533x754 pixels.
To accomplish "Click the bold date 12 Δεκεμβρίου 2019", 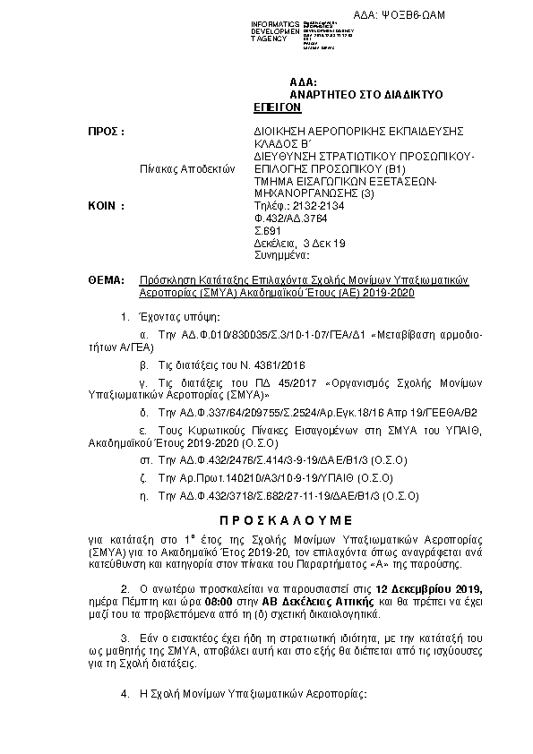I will click(430, 588).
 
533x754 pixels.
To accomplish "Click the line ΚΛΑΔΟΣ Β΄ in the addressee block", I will click(279, 143).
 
